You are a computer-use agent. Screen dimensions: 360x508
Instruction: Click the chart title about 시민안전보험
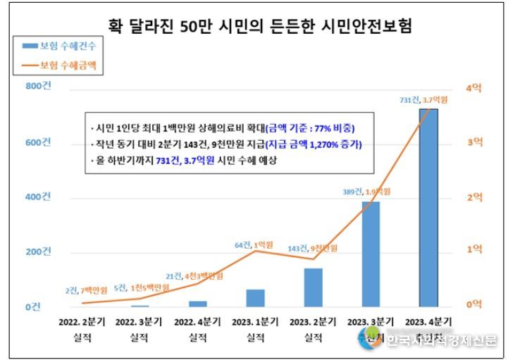pos(260,27)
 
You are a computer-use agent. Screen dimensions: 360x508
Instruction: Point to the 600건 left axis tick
pos(39,142)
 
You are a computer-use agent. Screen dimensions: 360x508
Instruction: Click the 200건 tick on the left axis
pos(39,252)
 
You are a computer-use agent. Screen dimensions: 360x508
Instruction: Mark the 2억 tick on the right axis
pos(474,197)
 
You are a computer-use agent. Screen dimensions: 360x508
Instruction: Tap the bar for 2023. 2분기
pos(313,287)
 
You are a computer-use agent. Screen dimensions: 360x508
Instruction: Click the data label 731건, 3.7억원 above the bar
pos(424,100)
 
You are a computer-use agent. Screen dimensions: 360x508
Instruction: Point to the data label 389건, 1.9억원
pos(366,192)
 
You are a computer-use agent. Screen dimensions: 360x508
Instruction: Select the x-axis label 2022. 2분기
pos(82,322)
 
